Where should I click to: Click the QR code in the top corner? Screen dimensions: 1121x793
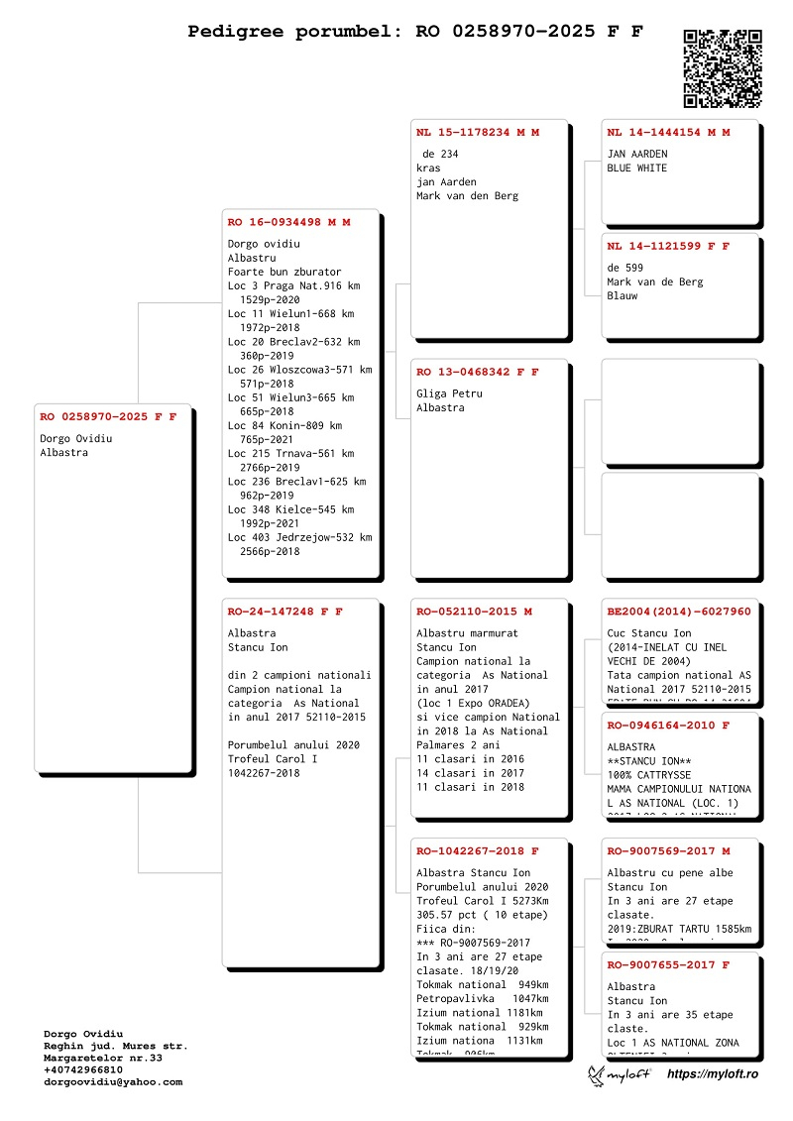click(x=723, y=68)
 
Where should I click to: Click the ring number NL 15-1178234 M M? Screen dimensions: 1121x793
click(x=478, y=132)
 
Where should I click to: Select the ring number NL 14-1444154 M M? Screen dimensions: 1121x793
click(x=668, y=132)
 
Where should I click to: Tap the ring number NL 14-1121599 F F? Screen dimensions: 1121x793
click(x=668, y=245)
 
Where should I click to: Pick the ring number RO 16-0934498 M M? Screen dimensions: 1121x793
click(x=288, y=222)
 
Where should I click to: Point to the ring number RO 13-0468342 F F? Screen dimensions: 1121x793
click(x=478, y=372)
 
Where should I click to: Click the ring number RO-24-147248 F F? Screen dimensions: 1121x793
click(x=284, y=612)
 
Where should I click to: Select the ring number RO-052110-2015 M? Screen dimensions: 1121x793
click(x=474, y=612)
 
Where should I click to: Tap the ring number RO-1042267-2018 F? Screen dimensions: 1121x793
click(x=478, y=850)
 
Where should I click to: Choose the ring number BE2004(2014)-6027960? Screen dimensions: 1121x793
click(x=679, y=612)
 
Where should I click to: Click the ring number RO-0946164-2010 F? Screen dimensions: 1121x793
click(x=668, y=726)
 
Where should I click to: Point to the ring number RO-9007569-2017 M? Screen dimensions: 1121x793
click(x=668, y=850)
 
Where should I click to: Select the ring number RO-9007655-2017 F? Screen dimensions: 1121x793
click(x=668, y=964)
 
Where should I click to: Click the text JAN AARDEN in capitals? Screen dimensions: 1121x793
click(x=637, y=155)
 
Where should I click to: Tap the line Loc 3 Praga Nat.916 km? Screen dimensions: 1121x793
click(x=293, y=285)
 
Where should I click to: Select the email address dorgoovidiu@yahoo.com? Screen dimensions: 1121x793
click(x=113, y=1082)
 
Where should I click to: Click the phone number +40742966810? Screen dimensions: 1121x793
click(x=83, y=1070)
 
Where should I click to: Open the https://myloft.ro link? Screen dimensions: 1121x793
click(x=713, y=1073)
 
